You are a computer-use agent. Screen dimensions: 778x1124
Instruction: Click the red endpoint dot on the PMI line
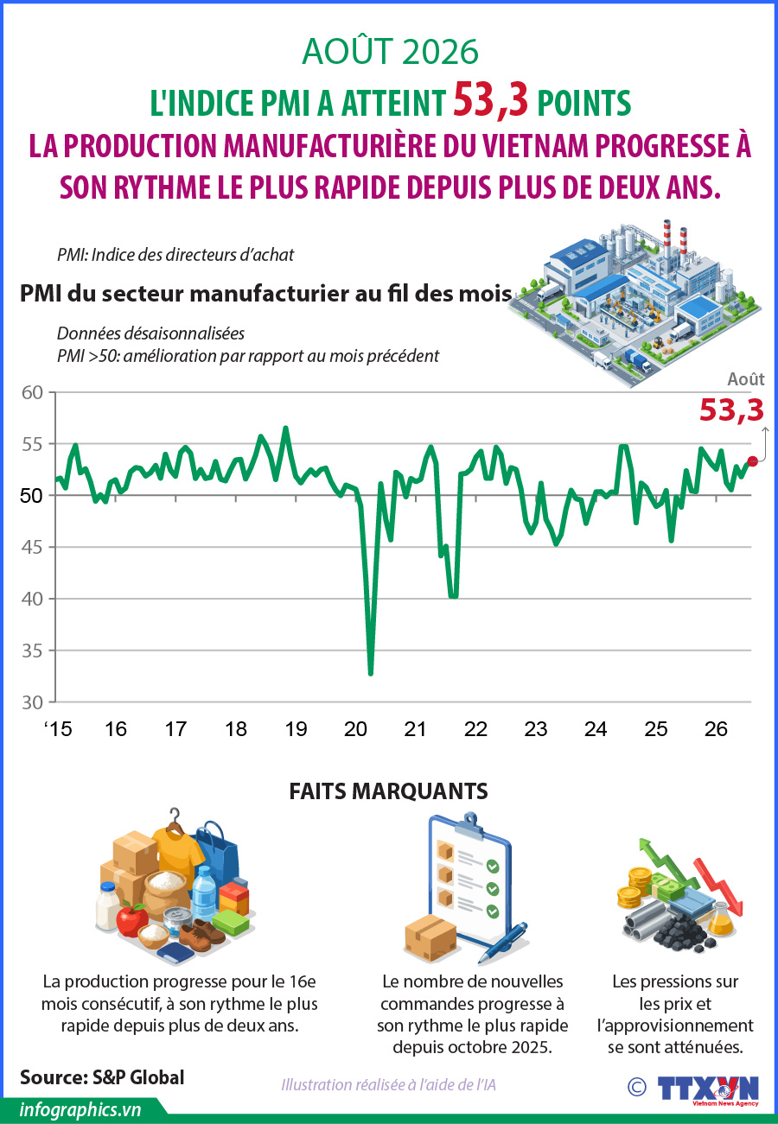click(x=752, y=461)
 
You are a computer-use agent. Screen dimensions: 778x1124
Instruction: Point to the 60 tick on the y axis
click(x=32, y=392)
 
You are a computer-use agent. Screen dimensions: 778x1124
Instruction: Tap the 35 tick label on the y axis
click(x=32, y=651)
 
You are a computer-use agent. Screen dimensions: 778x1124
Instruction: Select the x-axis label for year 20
click(x=355, y=729)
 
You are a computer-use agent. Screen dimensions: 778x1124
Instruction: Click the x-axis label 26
click(x=716, y=729)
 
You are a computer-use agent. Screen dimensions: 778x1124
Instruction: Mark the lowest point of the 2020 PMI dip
click(x=371, y=674)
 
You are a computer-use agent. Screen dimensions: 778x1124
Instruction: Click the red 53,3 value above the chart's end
click(x=732, y=410)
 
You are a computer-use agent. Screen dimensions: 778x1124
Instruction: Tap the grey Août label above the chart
click(x=746, y=379)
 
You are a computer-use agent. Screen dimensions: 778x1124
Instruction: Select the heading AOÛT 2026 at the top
click(x=390, y=51)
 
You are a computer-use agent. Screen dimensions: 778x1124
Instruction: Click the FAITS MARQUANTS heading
click(x=388, y=791)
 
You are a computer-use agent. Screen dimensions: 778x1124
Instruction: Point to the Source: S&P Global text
click(x=102, y=1077)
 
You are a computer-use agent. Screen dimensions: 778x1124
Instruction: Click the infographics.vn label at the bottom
click(x=80, y=1110)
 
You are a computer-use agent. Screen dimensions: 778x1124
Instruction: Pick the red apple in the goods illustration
click(x=132, y=919)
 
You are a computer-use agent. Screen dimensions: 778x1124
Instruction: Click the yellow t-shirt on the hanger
click(x=178, y=854)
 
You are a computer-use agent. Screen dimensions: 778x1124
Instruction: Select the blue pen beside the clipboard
click(x=502, y=943)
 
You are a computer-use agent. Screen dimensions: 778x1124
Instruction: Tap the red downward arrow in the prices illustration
click(x=718, y=886)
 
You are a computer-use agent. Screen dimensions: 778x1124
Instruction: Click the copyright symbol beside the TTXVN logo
click(x=637, y=1088)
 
